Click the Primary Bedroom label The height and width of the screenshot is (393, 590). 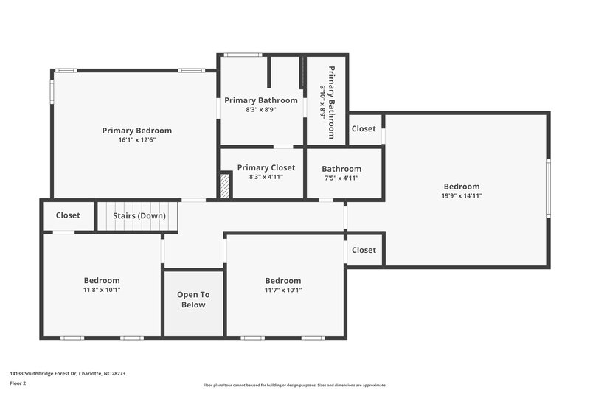tap(136, 131)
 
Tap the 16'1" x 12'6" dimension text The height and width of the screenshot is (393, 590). tap(136, 140)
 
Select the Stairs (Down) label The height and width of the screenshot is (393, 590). tap(139, 216)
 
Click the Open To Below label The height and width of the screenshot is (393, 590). tap(193, 299)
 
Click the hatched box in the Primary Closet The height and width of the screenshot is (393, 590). tap(226, 186)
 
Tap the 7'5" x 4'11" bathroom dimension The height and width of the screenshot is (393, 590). tap(341, 178)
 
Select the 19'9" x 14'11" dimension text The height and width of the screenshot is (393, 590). tap(461, 196)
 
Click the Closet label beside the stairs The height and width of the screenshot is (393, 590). tap(68, 216)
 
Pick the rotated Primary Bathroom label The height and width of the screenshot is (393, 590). tap(331, 102)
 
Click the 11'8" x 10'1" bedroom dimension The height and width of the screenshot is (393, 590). tap(101, 290)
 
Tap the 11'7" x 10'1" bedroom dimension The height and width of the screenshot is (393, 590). tap(283, 290)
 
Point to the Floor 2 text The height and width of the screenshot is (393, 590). tap(18, 384)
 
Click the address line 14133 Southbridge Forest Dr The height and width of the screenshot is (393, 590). tap(67, 373)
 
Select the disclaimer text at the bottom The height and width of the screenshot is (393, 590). tap(294, 385)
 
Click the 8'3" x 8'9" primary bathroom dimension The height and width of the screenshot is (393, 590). tap(261, 110)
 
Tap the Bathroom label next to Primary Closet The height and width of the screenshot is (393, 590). tap(341, 169)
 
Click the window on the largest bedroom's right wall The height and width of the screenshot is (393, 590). tap(548, 189)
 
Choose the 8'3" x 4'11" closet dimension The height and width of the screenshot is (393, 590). tap(265, 177)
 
